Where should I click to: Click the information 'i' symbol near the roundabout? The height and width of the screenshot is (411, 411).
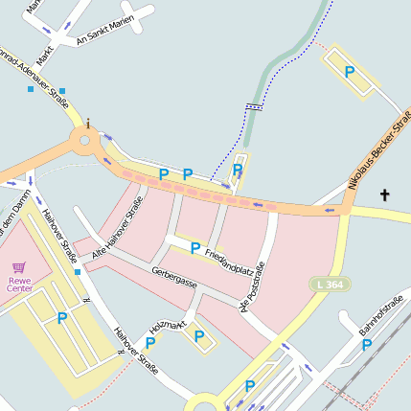tap(88, 123)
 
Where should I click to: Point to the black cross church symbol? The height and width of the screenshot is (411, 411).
tap(385, 195)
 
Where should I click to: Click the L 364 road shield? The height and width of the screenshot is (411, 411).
tap(331, 285)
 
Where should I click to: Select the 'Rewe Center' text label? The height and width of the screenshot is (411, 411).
tap(19, 284)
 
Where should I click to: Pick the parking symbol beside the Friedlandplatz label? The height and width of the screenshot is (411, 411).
tap(195, 248)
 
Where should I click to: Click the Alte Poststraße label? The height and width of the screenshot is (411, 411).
tap(253, 286)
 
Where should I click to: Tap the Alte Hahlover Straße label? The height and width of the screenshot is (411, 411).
tap(118, 229)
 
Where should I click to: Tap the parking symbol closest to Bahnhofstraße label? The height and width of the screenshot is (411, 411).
tap(367, 345)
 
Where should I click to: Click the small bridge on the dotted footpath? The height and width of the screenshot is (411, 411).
tap(253, 107)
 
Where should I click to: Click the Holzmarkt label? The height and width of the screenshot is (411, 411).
tap(167, 327)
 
